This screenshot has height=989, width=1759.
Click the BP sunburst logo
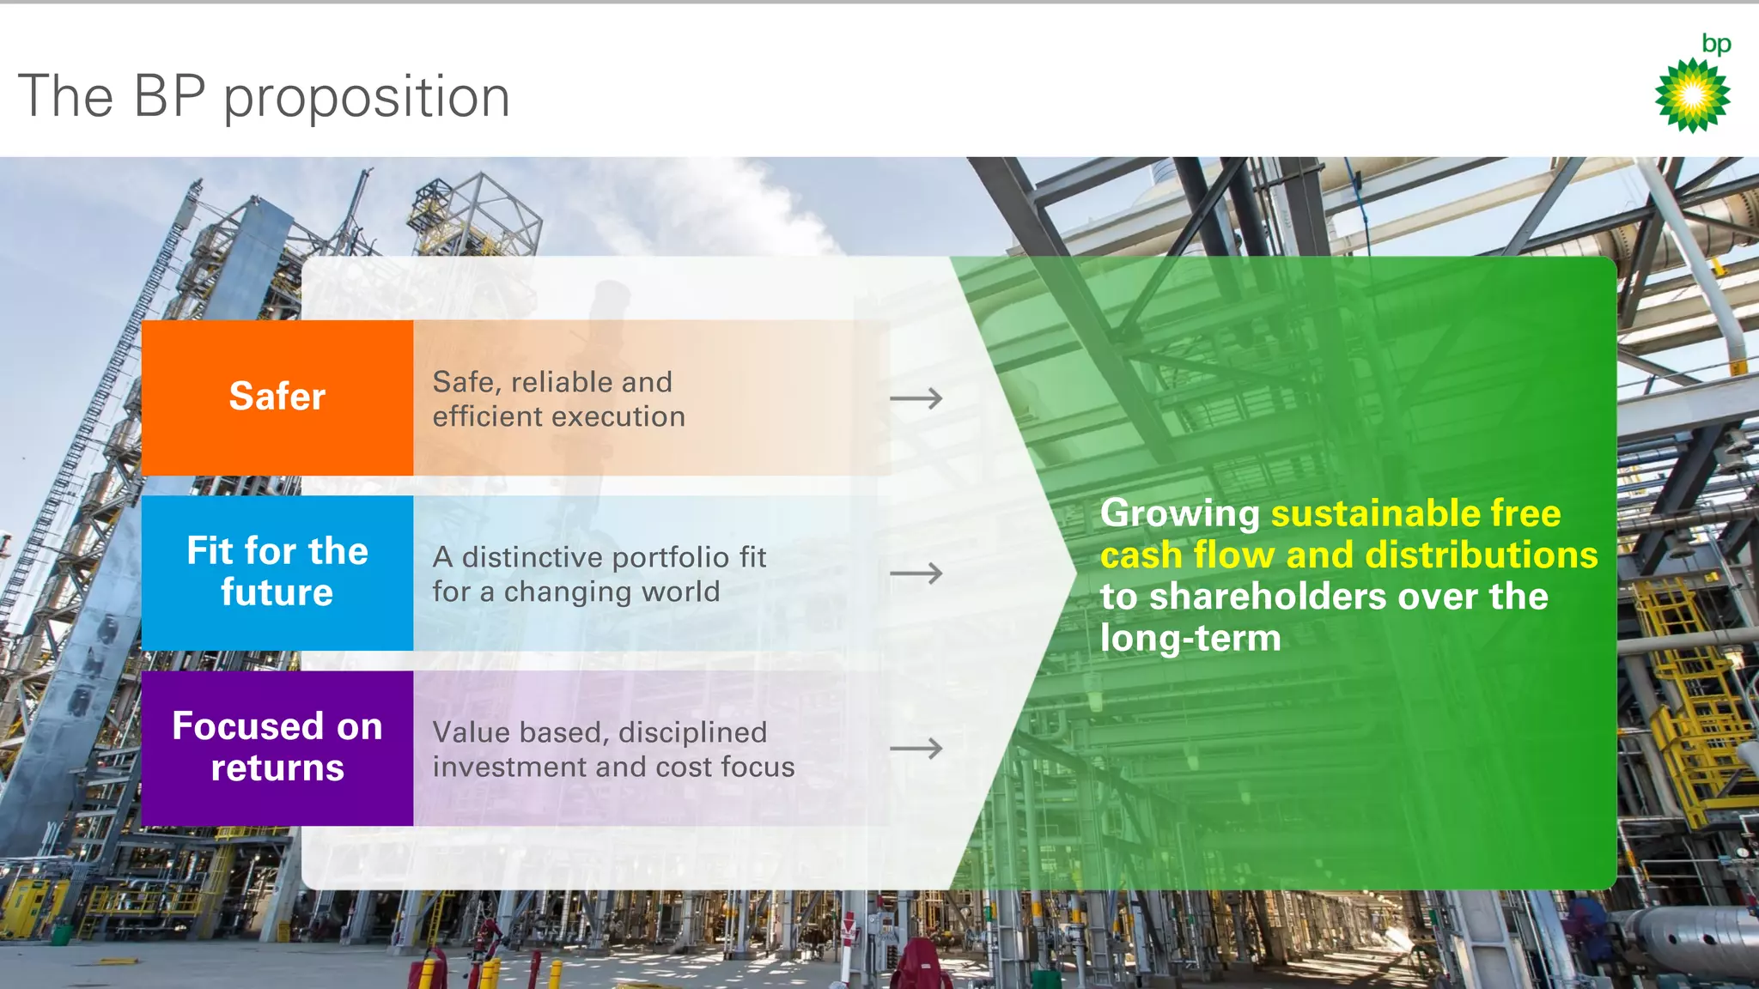point(1692,95)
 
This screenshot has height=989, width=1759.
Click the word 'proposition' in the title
point(367,97)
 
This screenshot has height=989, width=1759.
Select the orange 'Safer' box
point(277,397)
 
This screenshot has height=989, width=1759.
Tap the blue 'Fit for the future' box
point(277,572)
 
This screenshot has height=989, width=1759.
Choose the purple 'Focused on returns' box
point(277,747)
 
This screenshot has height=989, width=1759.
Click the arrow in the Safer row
point(916,398)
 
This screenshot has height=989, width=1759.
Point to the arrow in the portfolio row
point(916,573)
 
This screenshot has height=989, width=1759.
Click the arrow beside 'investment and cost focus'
point(916,749)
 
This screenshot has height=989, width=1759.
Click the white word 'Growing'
point(1179,513)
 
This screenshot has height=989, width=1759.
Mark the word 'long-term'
point(1190,639)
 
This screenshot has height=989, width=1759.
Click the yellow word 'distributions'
point(1481,555)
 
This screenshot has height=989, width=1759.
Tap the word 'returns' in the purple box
point(277,768)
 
